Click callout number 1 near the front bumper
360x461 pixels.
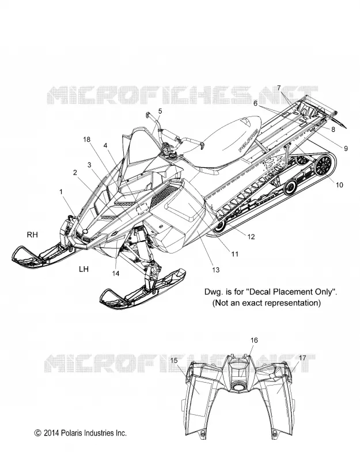(61, 192)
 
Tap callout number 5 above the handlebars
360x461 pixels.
(160, 111)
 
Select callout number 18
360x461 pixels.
(87, 139)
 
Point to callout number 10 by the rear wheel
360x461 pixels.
(339, 185)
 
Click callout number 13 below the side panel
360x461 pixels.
(215, 270)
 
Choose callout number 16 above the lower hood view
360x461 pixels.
(254, 340)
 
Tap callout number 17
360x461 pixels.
(302, 358)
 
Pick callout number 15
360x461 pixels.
(174, 360)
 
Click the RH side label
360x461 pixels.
(32, 235)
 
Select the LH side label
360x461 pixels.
(84, 269)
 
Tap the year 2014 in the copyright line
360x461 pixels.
(51, 433)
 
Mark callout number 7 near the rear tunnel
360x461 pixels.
(279, 88)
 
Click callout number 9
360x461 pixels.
(346, 149)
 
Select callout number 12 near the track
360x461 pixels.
(251, 237)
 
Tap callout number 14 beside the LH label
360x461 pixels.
(116, 273)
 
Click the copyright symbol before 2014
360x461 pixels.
(37, 433)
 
